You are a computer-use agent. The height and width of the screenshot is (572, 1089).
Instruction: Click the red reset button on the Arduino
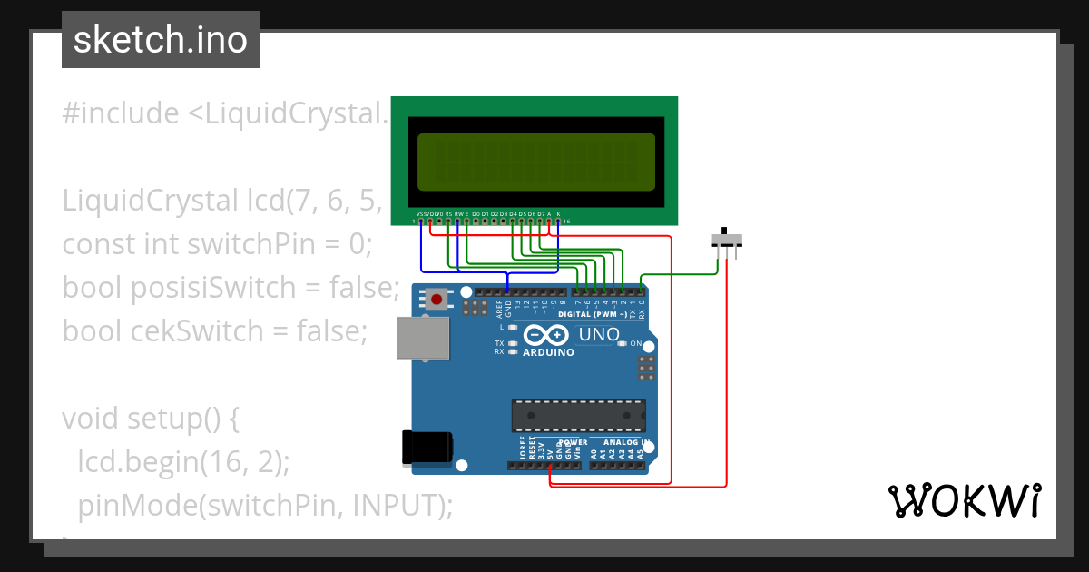click(x=437, y=299)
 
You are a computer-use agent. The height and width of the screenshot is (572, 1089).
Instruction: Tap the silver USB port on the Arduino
click(x=423, y=338)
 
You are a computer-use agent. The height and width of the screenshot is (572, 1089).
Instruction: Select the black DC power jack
click(x=427, y=448)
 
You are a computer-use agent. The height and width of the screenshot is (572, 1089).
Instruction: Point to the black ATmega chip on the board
click(x=578, y=415)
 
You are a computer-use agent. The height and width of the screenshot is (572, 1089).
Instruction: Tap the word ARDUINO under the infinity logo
click(x=548, y=351)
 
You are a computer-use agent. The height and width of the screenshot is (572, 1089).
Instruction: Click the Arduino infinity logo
click(x=547, y=335)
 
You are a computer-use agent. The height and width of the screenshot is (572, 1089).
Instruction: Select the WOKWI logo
click(x=963, y=501)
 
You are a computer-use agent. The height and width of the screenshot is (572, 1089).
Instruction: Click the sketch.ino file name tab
click(x=161, y=40)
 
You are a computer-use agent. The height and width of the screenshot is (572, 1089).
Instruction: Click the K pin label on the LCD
click(x=558, y=214)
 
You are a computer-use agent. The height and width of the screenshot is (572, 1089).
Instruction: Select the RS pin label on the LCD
click(x=448, y=214)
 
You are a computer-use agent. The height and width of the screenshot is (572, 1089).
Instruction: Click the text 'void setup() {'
click(x=150, y=419)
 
